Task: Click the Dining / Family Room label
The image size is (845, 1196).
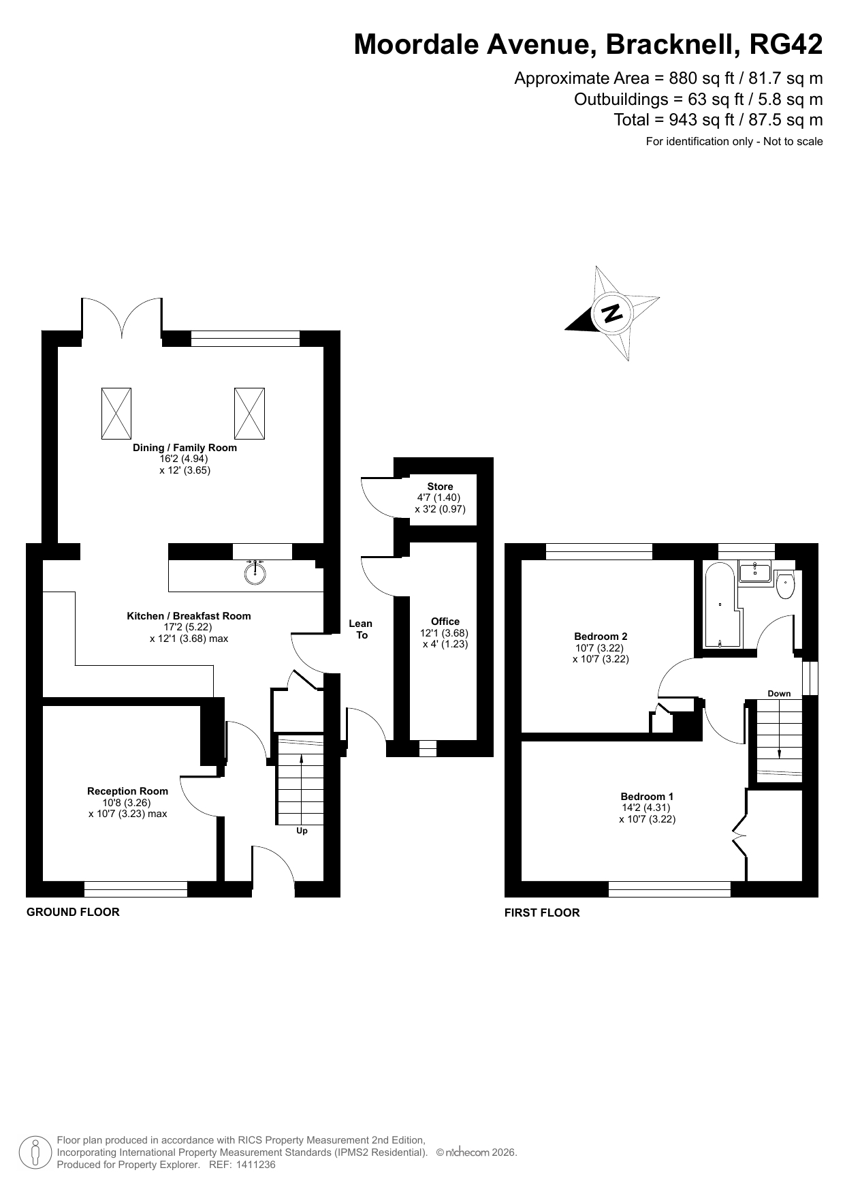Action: pyautogui.click(x=185, y=448)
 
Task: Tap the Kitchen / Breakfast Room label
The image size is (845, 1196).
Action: pyautogui.click(x=189, y=616)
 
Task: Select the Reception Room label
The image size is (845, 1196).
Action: pyautogui.click(x=127, y=791)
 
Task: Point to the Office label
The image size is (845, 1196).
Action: pyautogui.click(x=445, y=622)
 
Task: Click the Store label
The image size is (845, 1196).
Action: pyautogui.click(x=440, y=487)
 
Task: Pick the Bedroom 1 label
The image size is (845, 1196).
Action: pyautogui.click(x=647, y=797)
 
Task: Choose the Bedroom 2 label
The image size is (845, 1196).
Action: pyautogui.click(x=601, y=637)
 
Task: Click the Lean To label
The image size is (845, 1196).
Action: pyautogui.click(x=361, y=629)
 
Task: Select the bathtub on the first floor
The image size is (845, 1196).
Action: pyautogui.click(x=720, y=606)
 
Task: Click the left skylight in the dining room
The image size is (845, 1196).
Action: pyautogui.click(x=116, y=414)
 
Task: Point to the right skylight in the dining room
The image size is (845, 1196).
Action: pyautogui.click(x=249, y=414)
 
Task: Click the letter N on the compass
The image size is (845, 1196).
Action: pyautogui.click(x=612, y=313)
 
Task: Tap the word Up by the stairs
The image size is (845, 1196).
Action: pyautogui.click(x=302, y=831)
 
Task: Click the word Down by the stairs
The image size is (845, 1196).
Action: pyautogui.click(x=779, y=694)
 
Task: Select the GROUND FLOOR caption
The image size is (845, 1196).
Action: pyautogui.click(x=73, y=912)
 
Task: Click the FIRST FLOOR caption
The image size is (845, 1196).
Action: pyautogui.click(x=542, y=913)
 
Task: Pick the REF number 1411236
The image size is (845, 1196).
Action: pyautogui.click(x=256, y=1165)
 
